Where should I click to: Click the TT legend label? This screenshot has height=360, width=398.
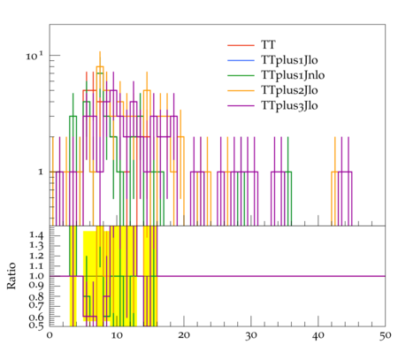pyautogui.click(x=268, y=45)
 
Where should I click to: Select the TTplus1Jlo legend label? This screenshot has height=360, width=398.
pyautogui.click(x=289, y=60)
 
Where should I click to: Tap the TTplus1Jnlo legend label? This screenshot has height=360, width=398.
pyautogui.click(x=293, y=75)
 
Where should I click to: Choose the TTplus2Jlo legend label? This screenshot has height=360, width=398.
pyautogui.click(x=289, y=90)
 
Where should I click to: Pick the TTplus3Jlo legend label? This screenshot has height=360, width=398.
pyautogui.click(x=289, y=105)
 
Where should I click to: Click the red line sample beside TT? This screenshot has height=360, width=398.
pyautogui.click(x=241, y=45)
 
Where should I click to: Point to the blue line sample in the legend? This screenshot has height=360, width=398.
pyautogui.click(x=241, y=60)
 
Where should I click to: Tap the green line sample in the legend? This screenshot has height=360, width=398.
pyautogui.click(x=241, y=75)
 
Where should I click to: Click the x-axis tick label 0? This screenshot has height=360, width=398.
pyautogui.click(x=50, y=335)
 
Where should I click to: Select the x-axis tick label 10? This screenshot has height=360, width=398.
pyautogui.click(x=117, y=335)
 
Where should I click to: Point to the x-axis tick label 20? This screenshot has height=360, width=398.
pyautogui.click(x=184, y=335)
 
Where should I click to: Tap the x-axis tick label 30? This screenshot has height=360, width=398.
pyautogui.click(x=251, y=335)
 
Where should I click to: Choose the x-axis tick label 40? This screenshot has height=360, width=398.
pyautogui.click(x=318, y=335)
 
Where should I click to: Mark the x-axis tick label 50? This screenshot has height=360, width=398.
pyautogui.click(x=386, y=335)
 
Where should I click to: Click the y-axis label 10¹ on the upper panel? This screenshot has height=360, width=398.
pyautogui.click(x=34, y=56)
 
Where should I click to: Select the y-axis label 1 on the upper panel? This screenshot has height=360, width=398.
pyautogui.click(x=41, y=172)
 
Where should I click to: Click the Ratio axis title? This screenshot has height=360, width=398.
pyautogui.click(x=11, y=276)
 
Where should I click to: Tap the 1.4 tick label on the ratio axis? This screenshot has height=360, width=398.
pyautogui.click(x=36, y=235)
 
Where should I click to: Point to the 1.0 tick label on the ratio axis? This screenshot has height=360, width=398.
pyautogui.click(x=36, y=276)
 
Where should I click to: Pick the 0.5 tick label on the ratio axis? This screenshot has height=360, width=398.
pyautogui.click(x=36, y=326)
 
